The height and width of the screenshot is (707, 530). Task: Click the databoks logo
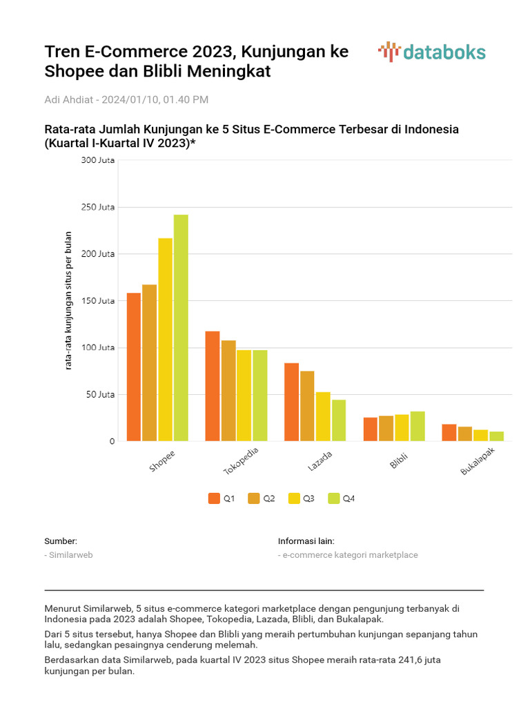point(432,52)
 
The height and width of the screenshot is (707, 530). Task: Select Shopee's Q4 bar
point(181,328)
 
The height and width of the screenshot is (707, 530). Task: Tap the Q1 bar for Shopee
point(134,367)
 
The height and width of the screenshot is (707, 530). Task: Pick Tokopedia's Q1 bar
point(213,386)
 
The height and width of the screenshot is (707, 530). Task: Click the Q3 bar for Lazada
point(323,416)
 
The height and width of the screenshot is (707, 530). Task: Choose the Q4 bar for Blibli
point(418,426)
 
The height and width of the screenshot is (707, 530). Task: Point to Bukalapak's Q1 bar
point(449,432)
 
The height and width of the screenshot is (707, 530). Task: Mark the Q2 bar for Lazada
point(307,406)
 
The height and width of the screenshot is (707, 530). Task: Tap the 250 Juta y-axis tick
point(97,207)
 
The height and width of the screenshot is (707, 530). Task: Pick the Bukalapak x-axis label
point(478,461)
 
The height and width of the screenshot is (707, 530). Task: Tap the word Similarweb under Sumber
point(70,555)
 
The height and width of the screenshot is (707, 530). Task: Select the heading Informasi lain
point(306,541)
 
